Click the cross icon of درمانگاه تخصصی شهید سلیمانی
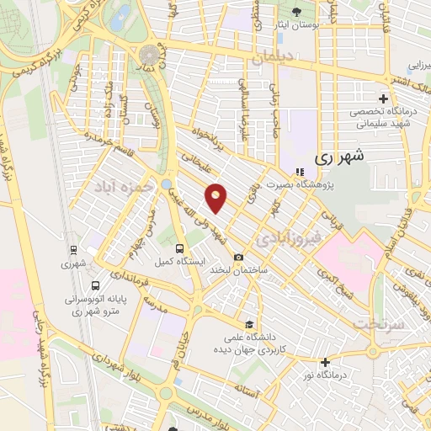383,99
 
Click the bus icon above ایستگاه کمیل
179,248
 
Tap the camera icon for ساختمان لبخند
239,258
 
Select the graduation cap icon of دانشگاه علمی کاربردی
248,323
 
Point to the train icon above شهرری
73,250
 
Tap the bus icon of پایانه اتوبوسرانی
94,285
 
